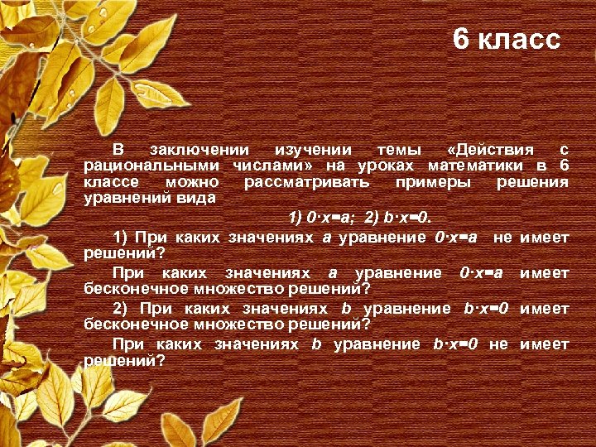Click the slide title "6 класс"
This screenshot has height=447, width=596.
507,39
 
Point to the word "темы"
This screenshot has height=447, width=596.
399,150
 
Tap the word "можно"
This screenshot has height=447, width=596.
193,181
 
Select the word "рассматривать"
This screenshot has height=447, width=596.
307,181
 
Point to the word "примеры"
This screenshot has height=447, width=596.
433,181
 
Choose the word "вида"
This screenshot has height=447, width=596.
199,198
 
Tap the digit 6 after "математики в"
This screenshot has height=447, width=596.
564,166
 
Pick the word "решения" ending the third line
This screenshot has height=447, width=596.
532,181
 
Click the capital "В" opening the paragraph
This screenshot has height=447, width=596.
118,150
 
